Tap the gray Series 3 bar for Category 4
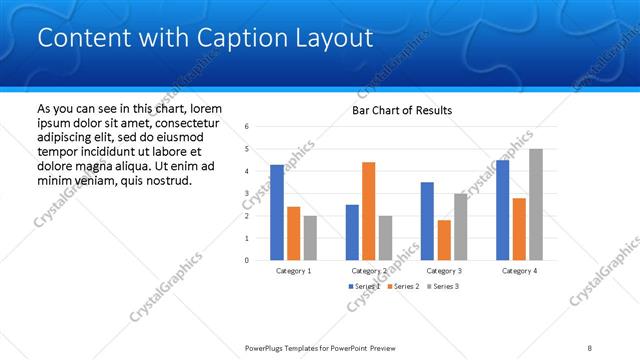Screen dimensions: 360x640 [x=536, y=205]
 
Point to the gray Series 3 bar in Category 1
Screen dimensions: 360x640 [x=310, y=238]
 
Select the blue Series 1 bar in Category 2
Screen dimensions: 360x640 [x=352, y=232]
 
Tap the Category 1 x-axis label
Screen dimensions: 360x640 [x=293, y=271]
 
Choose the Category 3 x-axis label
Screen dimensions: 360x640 [x=444, y=271]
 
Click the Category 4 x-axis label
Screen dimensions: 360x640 [x=519, y=271]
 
